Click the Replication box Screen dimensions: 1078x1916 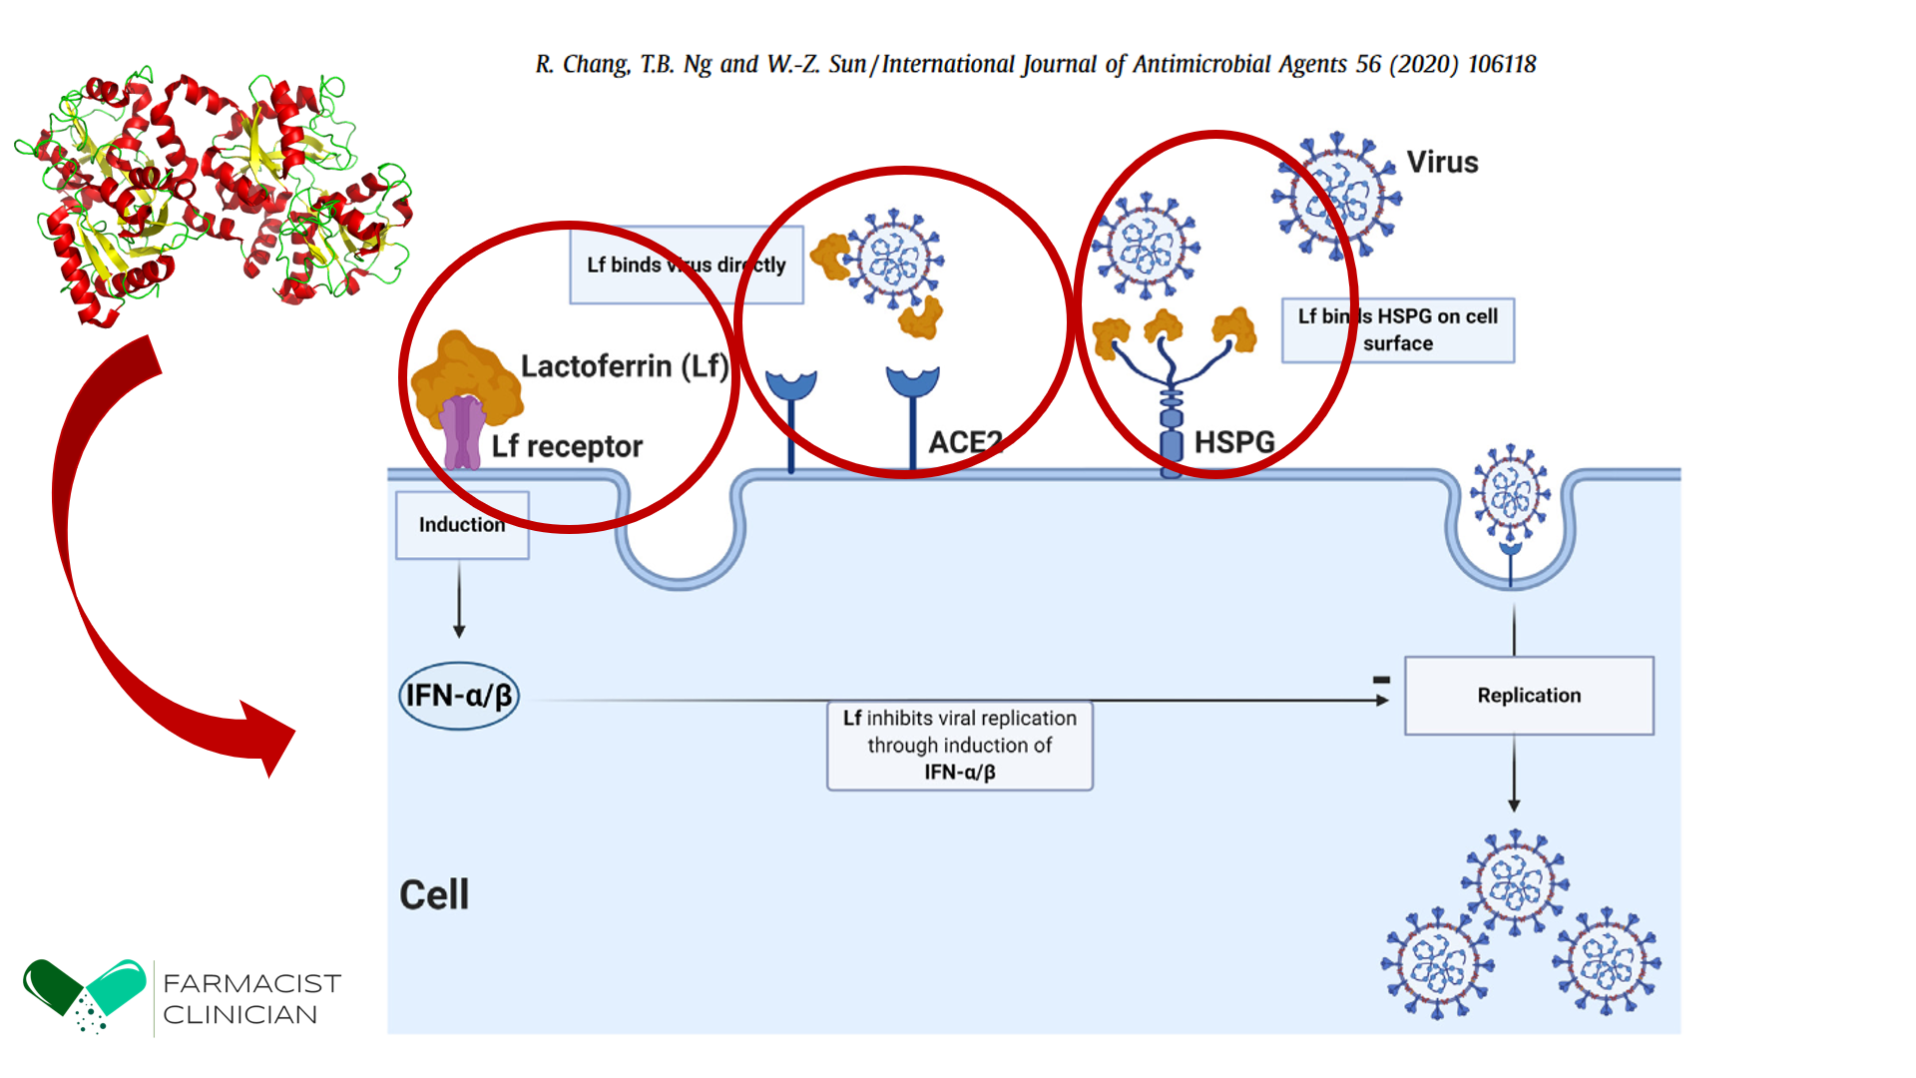[1528, 696]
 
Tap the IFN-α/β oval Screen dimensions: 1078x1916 [459, 696]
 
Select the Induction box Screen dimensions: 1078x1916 [462, 525]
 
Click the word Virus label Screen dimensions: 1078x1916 [1442, 163]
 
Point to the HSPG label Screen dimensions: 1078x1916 [1234, 442]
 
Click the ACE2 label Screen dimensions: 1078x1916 [964, 442]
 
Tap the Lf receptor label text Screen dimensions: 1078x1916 [567, 446]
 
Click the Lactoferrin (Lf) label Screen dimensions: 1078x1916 [625, 366]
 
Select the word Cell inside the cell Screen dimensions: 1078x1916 [434, 894]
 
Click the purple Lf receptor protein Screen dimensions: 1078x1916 [462, 432]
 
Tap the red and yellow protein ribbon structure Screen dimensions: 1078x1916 [215, 195]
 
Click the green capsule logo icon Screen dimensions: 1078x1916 [85, 994]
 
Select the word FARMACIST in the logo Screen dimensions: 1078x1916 [251, 983]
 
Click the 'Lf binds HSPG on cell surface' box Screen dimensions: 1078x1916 [1397, 329]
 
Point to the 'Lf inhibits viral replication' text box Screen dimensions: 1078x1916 [959, 746]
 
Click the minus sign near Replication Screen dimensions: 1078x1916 [1381, 680]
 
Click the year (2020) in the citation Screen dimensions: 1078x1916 [1425, 65]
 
